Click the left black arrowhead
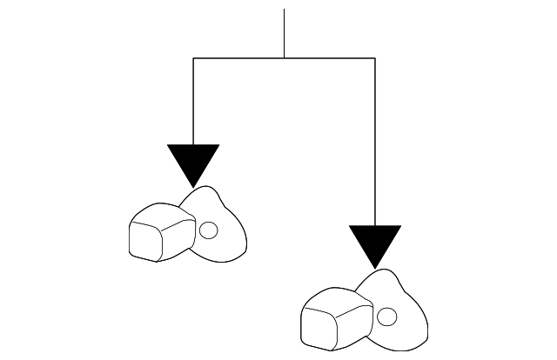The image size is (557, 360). (193, 162)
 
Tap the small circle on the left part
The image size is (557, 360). (208, 230)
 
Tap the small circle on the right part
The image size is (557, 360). (389, 314)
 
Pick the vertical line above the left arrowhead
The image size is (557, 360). (193, 100)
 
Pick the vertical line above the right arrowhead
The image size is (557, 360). (375, 139)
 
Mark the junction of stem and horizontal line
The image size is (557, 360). (284, 58)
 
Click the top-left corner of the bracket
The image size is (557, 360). (193, 58)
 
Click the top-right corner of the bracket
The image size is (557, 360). (375, 58)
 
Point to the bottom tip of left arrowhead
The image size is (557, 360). (193, 186)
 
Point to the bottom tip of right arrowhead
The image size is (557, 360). (375, 267)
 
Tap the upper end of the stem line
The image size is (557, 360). (284, 10)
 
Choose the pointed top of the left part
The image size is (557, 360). (209, 188)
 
